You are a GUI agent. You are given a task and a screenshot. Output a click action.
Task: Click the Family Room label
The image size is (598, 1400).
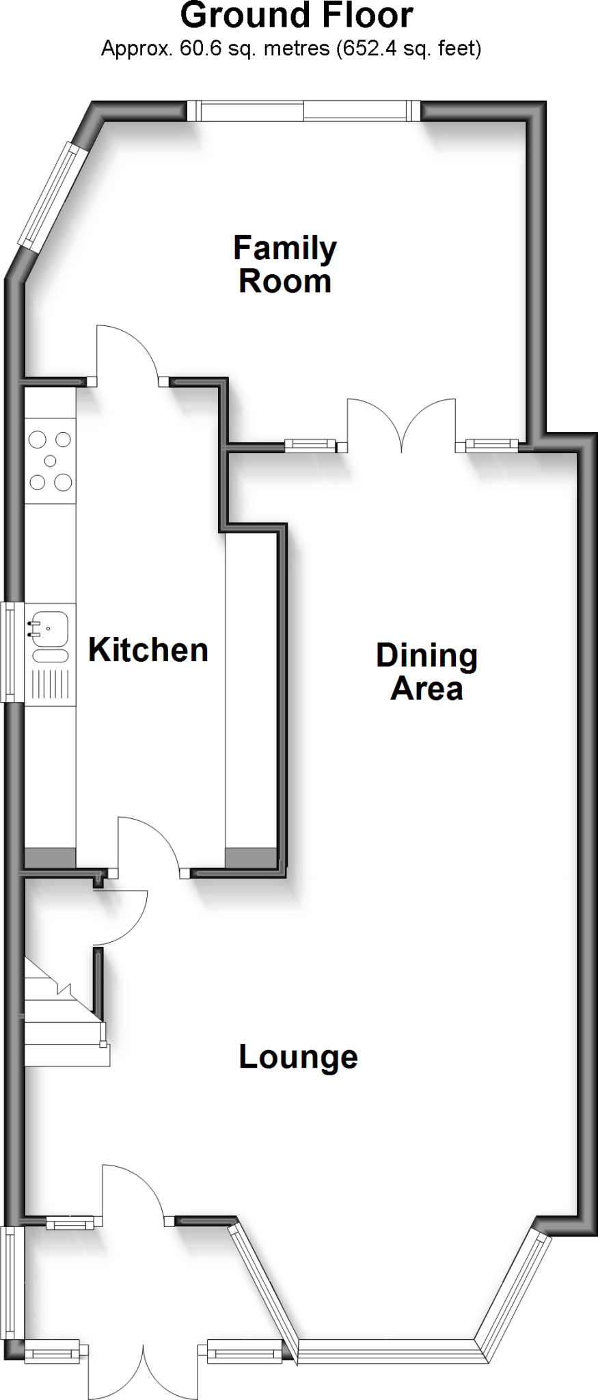(285, 265)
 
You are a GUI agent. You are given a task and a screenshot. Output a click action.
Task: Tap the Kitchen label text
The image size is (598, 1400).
(148, 650)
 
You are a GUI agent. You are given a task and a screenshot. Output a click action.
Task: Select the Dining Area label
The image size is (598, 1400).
(426, 672)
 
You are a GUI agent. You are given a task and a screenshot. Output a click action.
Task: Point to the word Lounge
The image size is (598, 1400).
(298, 1057)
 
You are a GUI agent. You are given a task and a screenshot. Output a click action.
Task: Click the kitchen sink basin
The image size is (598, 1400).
(49, 628)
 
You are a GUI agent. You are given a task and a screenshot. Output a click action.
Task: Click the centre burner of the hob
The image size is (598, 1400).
(50, 461)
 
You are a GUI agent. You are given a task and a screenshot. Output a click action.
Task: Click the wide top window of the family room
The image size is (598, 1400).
(304, 111)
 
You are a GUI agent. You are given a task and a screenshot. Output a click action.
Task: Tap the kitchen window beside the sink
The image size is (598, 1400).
(10, 651)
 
